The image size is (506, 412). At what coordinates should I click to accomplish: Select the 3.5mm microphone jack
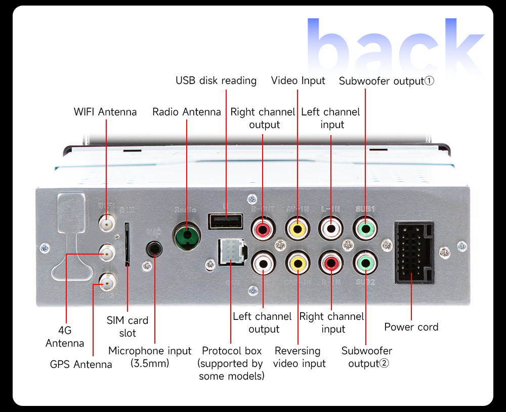[154, 249]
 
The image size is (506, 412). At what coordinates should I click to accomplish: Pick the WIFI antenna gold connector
[106, 222]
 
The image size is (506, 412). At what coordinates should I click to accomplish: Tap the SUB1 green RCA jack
[365, 228]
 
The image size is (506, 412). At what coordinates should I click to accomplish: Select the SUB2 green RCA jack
[365, 263]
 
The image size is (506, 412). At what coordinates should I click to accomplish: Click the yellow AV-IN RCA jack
[298, 228]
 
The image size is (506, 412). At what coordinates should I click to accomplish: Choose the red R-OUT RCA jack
[264, 228]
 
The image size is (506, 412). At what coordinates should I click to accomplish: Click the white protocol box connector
[231, 252]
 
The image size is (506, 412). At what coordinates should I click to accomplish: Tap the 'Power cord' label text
[411, 327]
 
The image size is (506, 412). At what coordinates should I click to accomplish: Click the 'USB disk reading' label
[216, 80]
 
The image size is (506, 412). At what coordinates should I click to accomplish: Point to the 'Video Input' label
[298, 80]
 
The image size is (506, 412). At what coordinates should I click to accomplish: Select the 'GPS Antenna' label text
[81, 364]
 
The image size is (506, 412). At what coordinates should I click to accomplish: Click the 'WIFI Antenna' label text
[105, 112]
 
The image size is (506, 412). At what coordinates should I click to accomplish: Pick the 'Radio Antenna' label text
[187, 112]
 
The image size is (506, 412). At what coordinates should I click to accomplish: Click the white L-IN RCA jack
[331, 228]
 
